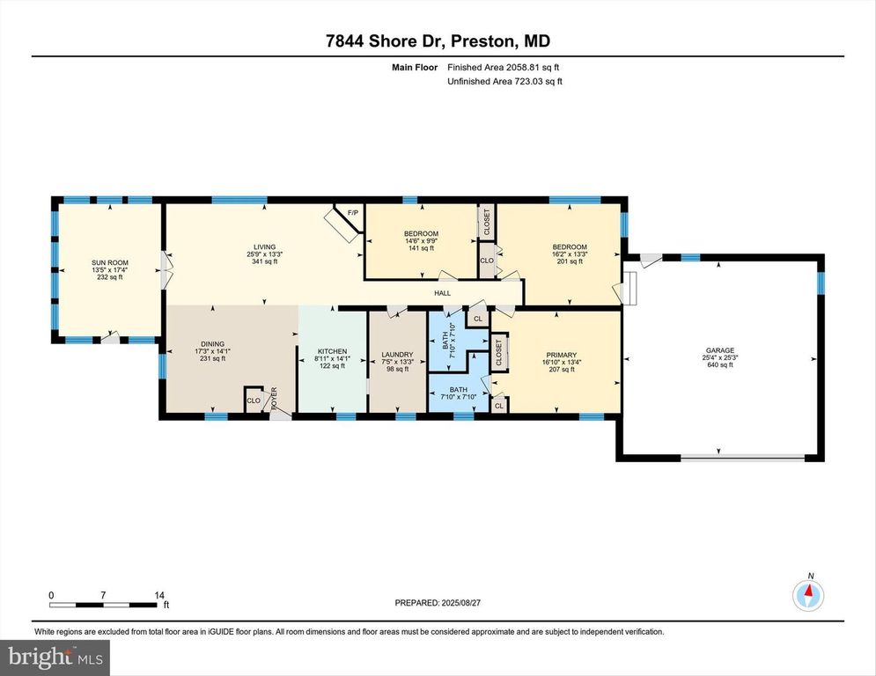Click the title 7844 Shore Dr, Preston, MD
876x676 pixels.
(438, 42)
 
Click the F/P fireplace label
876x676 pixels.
(353, 213)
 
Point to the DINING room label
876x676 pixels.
(212, 343)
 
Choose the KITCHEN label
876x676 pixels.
(333, 350)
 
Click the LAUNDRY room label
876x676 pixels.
(397, 355)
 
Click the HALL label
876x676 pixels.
(442, 294)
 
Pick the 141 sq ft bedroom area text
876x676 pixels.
(421, 248)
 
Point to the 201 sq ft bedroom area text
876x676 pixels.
(570, 261)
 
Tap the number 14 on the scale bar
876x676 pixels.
(159, 595)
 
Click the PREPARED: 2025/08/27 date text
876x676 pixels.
(438, 603)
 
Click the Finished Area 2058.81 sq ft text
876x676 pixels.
(504, 67)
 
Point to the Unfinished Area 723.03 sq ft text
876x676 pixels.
(504, 81)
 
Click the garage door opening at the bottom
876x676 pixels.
(743, 457)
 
